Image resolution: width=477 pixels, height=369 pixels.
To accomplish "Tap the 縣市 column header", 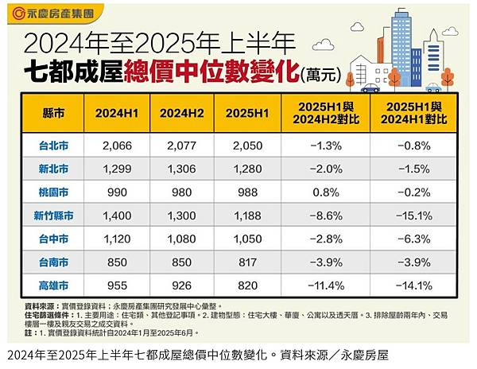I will pyautogui.click(x=55, y=112).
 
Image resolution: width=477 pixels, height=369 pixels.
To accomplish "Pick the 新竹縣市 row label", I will pyautogui.click(x=55, y=214).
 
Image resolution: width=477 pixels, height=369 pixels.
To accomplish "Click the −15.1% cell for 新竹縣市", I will pyautogui.click(x=412, y=214).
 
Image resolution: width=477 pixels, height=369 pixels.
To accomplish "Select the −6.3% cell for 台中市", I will pyautogui.click(x=412, y=237).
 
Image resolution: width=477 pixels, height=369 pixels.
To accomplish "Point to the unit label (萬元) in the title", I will pyautogui.click(x=322, y=76).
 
